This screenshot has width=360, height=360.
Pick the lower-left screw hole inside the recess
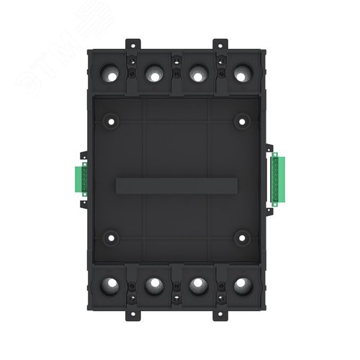pyautogui.click(x=110, y=235)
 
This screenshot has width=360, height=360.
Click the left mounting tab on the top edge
pyautogui.click(x=135, y=44)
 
